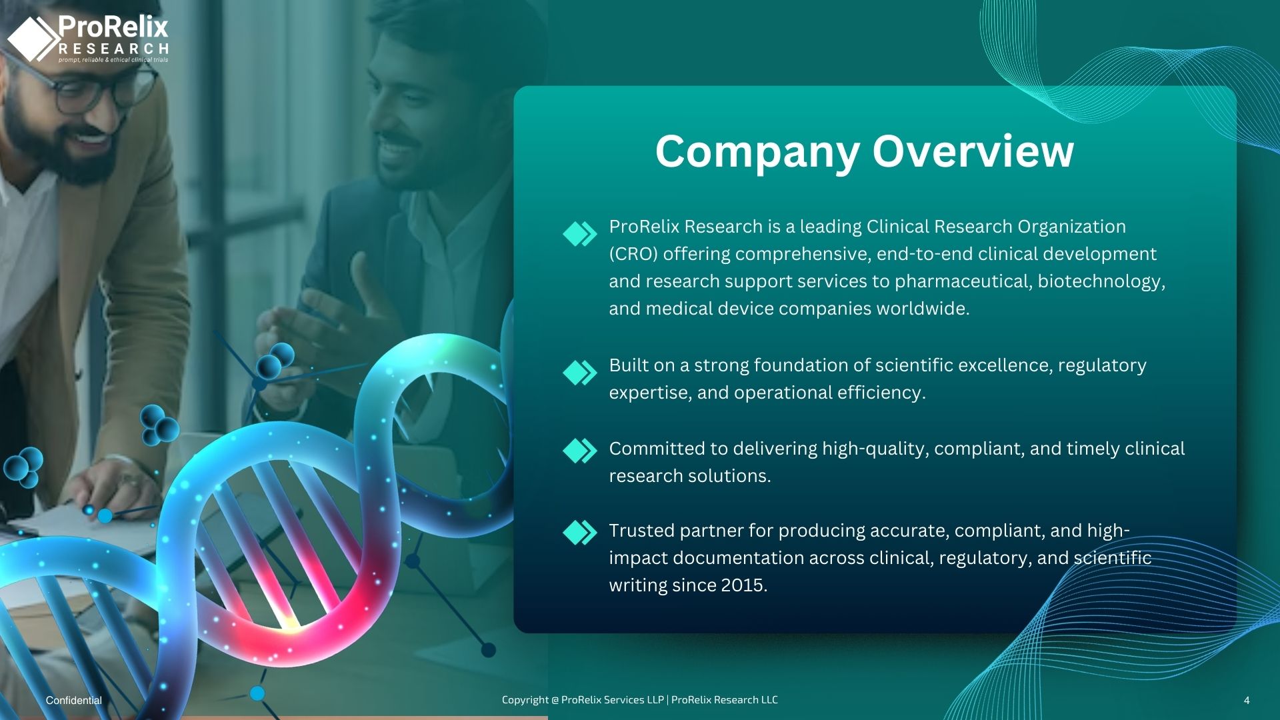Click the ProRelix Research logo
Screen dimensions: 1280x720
(x=88, y=39)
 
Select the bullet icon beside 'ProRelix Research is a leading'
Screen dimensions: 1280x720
(x=580, y=234)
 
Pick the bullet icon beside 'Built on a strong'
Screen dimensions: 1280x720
(x=580, y=373)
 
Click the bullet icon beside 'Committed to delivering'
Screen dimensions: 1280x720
(x=580, y=451)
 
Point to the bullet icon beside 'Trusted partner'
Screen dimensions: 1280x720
(x=580, y=533)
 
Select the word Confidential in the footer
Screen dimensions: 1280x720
(x=74, y=700)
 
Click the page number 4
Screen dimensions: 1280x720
(x=1247, y=700)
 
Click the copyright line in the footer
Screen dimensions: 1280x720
(x=640, y=699)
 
